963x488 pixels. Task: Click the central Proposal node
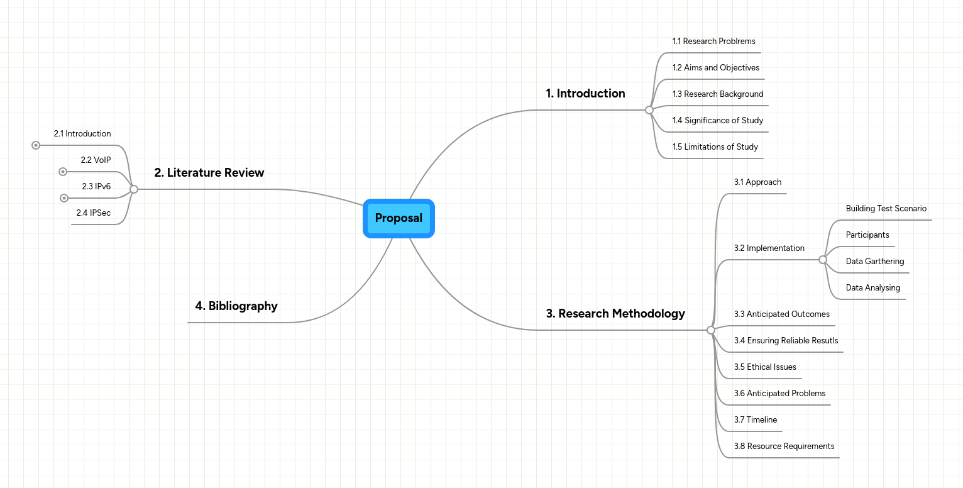click(x=399, y=218)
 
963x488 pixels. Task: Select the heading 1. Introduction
click(x=585, y=94)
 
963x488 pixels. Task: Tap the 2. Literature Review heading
click(x=209, y=173)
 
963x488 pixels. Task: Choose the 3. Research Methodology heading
click(x=615, y=313)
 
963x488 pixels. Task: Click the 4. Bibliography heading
click(x=236, y=306)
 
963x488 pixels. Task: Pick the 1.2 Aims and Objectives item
click(x=715, y=68)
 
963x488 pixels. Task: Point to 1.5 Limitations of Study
click(x=715, y=147)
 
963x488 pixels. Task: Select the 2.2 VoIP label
click(x=96, y=160)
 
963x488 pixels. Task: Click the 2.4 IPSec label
click(x=94, y=213)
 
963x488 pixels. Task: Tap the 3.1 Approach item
click(x=757, y=182)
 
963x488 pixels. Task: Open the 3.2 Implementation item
click(x=769, y=248)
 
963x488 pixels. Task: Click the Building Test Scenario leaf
click(x=886, y=209)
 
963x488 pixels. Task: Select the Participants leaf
click(x=867, y=235)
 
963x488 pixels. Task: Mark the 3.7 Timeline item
click(x=755, y=420)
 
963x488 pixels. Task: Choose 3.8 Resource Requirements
click(x=784, y=446)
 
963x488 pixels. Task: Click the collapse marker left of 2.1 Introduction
click(x=36, y=145)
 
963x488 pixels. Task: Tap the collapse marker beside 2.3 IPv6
click(x=63, y=198)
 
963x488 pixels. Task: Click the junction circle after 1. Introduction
click(x=649, y=110)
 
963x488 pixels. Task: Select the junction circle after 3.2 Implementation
click(x=823, y=260)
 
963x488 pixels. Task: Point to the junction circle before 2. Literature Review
click(x=134, y=189)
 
